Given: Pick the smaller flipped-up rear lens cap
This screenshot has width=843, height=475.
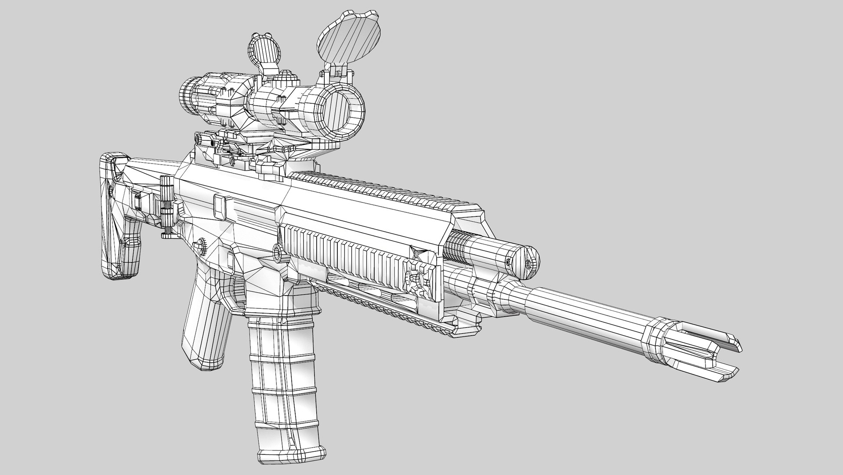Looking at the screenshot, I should pos(261,51).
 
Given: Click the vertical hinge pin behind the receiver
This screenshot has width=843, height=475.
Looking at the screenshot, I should pos(166,207).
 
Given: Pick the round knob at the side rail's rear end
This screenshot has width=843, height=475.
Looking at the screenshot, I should pos(278,252).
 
